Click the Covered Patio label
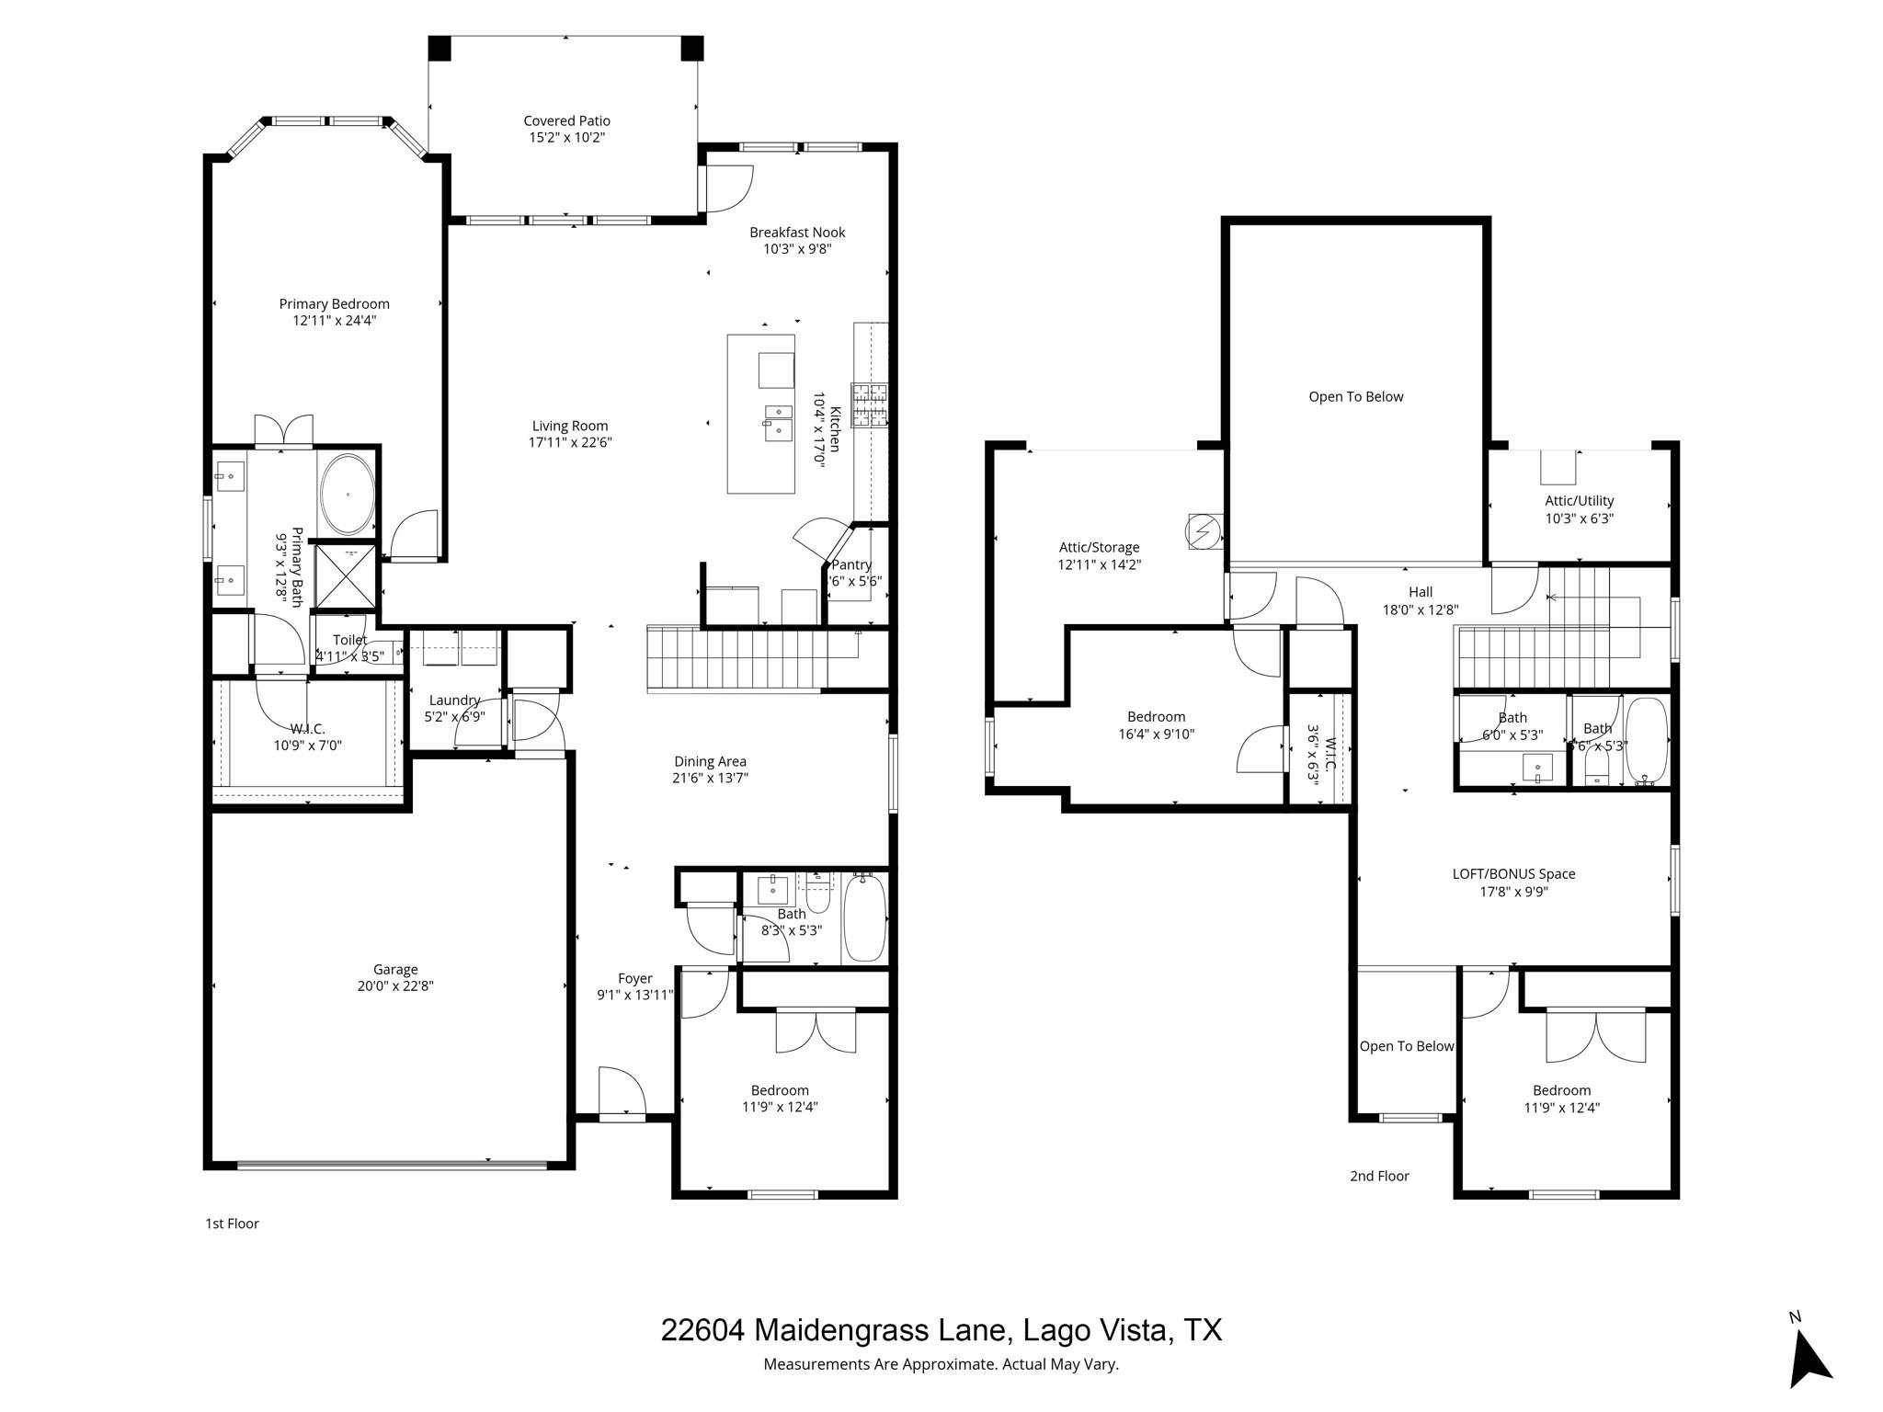pyautogui.click(x=566, y=120)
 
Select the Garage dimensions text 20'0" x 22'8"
pyautogui.click(x=395, y=986)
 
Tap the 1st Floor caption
pyautogui.click(x=232, y=1224)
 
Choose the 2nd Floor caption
pyautogui.click(x=1379, y=1176)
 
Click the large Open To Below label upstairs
pyautogui.click(x=1355, y=397)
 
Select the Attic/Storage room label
pyautogui.click(x=1099, y=548)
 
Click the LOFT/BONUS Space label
pyautogui.click(x=1513, y=874)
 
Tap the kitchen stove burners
pyautogui.click(x=870, y=405)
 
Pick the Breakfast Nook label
pyautogui.click(x=797, y=233)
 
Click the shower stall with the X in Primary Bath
pyautogui.click(x=345, y=576)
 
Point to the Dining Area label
pyautogui.click(x=710, y=761)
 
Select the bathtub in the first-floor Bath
pyautogui.click(x=864, y=917)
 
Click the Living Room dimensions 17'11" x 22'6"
pyautogui.click(x=570, y=442)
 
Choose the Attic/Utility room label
pyautogui.click(x=1579, y=501)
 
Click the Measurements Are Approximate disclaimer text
pyautogui.click(x=941, y=1364)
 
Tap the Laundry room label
pyautogui.click(x=454, y=700)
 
